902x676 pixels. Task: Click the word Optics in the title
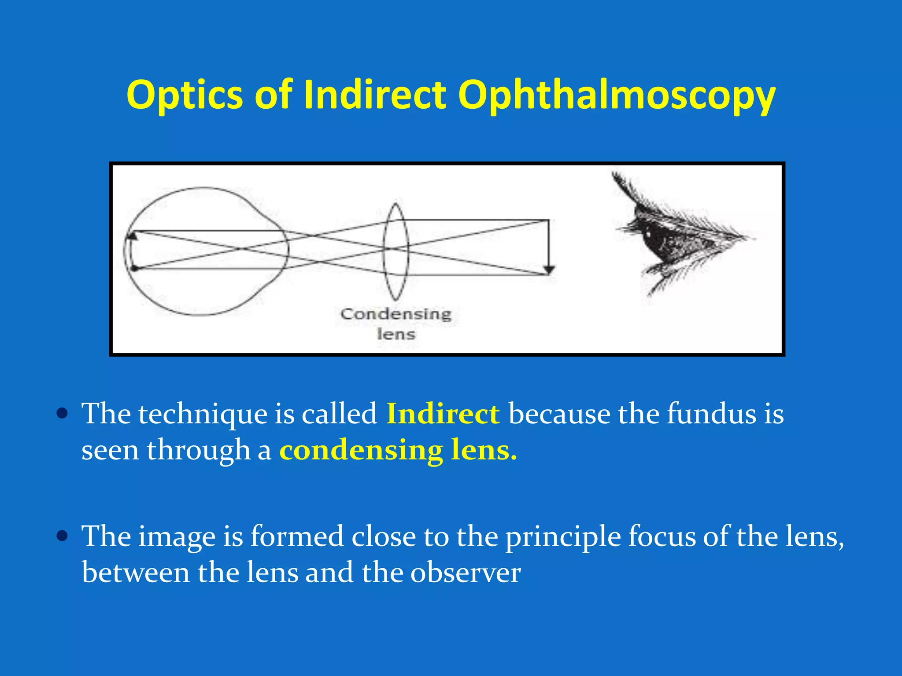point(185,95)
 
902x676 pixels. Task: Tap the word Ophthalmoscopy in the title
point(616,95)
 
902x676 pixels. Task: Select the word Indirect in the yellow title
point(374,94)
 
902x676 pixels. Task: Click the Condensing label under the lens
point(396,314)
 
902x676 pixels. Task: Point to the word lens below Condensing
point(396,334)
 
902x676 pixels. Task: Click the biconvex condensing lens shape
point(396,251)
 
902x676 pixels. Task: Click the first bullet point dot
point(63,414)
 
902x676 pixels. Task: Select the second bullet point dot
point(63,536)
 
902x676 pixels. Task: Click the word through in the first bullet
point(198,450)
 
